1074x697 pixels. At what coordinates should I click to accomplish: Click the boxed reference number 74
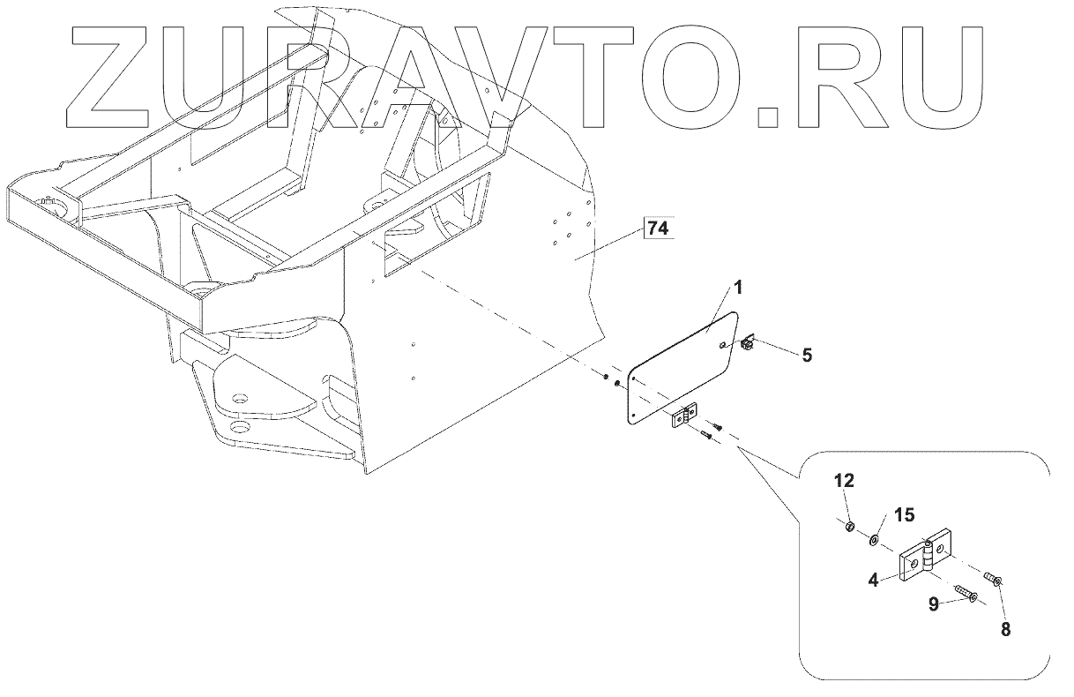[657, 229]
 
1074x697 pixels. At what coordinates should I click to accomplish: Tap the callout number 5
[807, 356]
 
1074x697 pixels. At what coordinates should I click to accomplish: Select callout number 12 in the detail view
[845, 481]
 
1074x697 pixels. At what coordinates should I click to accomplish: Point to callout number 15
[905, 514]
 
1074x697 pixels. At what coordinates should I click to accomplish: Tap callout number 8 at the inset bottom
[1005, 630]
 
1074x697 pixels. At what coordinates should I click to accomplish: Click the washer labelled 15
[876, 539]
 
